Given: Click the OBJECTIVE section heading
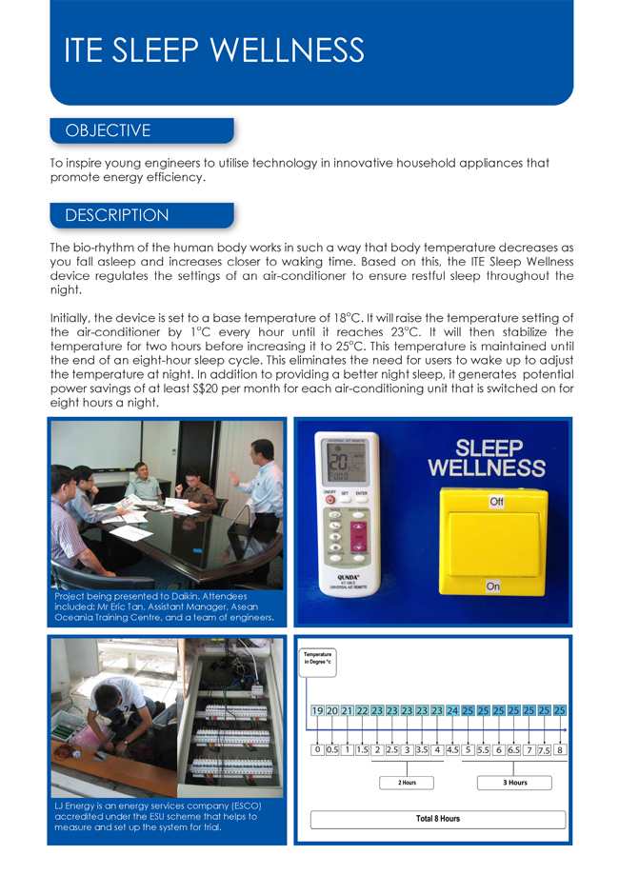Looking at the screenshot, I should [x=107, y=130].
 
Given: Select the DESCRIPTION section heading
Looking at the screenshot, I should [x=116, y=215].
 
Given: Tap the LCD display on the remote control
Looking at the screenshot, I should [x=348, y=467].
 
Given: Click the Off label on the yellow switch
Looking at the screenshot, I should [x=496, y=501].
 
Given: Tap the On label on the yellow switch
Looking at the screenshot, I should [x=492, y=587].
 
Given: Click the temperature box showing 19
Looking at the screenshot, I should [x=318, y=710].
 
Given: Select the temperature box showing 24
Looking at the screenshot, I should [x=452, y=710].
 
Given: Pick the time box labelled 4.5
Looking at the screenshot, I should [x=452, y=749].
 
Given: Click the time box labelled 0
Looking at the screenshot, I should [x=317, y=749].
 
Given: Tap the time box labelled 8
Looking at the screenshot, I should [x=560, y=749].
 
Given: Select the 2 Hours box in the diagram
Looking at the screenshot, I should [x=407, y=783].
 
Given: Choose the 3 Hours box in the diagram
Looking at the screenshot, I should [x=515, y=783].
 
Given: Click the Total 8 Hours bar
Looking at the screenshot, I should [x=438, y=819].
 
